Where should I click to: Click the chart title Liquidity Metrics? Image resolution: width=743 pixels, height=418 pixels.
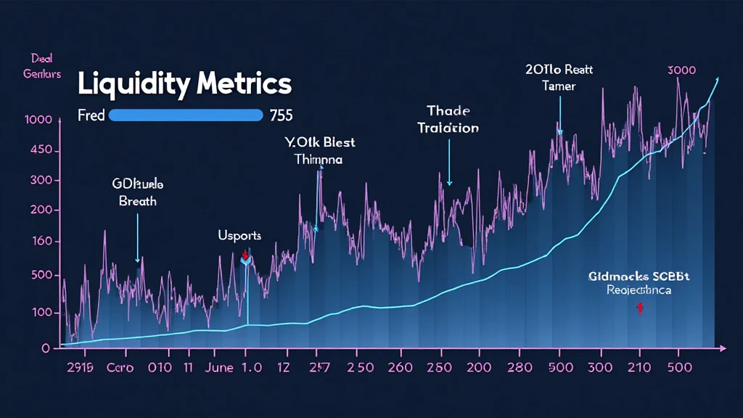pos(184,85)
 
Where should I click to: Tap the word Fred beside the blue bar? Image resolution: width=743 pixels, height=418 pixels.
pos(91,115)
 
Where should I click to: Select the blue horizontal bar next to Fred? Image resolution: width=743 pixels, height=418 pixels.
pos(185,115)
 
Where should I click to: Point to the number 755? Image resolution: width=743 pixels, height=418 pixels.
pos(281,115)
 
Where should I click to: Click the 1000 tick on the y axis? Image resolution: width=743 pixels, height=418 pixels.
pos(38,120)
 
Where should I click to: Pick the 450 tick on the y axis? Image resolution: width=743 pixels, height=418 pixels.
pos(40,151)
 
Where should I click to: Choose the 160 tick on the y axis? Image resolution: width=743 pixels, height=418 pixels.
pos(40,242)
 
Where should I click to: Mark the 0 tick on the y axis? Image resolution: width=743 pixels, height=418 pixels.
pos(46,348)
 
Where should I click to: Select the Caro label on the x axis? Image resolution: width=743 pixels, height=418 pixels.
pos(120,367)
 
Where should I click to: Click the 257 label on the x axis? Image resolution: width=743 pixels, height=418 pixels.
pos(319,367)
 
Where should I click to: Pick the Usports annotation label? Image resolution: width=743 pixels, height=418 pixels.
pos(239,236)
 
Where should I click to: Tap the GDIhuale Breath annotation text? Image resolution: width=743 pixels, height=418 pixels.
pos(138,192)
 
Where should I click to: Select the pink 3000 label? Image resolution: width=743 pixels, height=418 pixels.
pos(681,70)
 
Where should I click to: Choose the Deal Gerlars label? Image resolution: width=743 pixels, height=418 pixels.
pos(41,66)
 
